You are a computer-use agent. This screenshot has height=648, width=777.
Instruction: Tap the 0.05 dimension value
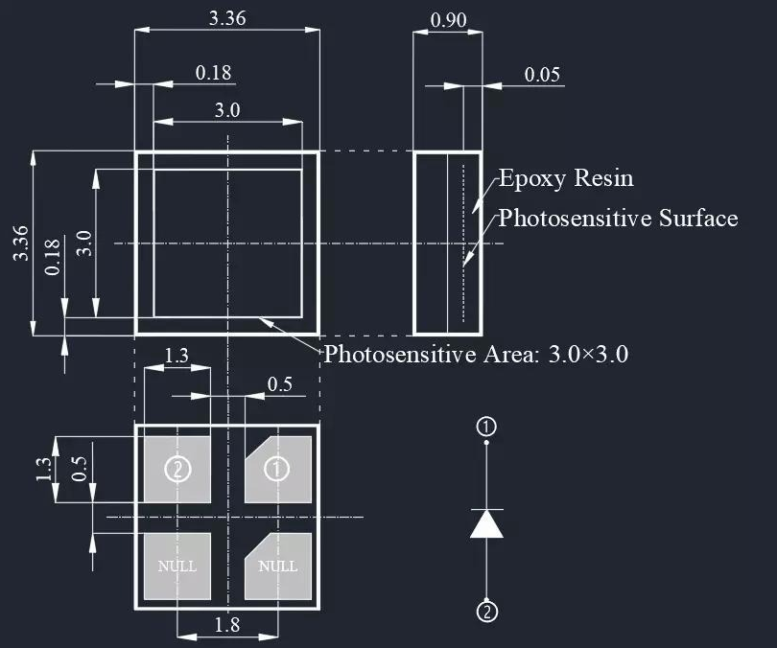[x=542, y=75]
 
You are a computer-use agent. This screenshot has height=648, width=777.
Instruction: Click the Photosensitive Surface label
[x=618, y=218]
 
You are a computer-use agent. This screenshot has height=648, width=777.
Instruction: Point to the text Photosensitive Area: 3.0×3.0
[x=476, y=354]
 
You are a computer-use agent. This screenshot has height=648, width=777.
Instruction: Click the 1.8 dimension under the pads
[x=227, y=625]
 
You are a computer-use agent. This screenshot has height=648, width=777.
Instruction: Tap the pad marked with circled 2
[x=177, y=469]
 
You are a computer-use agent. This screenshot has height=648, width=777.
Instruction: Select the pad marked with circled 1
[x=277, y=469]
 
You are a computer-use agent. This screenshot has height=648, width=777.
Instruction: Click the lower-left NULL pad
[x=177, y=566]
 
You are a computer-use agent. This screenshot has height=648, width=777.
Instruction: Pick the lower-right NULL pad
[x=277, y=566]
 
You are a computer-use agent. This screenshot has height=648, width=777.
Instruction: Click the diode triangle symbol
[x=487, y=523]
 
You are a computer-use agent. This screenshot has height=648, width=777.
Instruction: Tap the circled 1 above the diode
[x=487, y=427]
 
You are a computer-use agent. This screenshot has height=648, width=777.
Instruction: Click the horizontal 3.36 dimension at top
[x=226, y=17]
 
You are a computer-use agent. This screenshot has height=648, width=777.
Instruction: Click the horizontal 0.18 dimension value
[x=213, y=73]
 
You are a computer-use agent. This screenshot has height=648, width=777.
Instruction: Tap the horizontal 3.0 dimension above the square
[x=227, y=109]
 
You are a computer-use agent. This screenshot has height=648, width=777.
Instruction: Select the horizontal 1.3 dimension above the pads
[x=177, y=356]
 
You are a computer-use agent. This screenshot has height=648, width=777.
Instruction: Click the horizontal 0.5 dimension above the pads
[x=279, y=384]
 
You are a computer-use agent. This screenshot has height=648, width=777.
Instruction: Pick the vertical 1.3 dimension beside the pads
[x=43, y=469]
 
